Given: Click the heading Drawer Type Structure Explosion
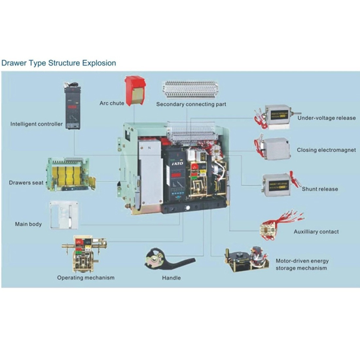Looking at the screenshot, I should [x=58, y=63].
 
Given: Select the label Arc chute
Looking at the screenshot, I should [x=113, y=103].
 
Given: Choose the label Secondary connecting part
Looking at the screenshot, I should [x=191, y=104].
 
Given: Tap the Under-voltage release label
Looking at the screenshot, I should [x=327, y=118].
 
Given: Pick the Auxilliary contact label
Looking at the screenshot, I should [x=316, y=232].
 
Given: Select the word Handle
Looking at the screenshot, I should [x=171, y=278].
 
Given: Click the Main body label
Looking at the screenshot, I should [x=28, y=225].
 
